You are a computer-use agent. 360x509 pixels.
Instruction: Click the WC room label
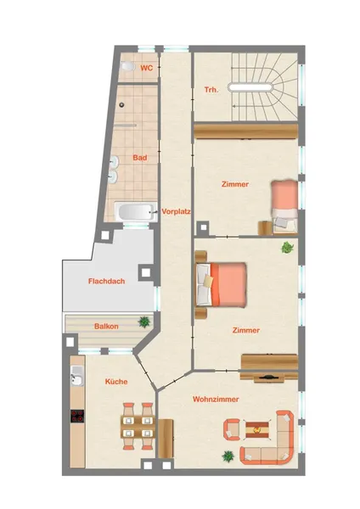click(147, 68)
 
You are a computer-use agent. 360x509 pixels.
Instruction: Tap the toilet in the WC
click(127, 66)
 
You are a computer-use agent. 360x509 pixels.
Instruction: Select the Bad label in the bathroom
click(140, 158)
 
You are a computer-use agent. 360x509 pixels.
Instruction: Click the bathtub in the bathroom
click(135, 212)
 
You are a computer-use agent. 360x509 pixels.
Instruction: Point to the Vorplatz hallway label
click(176, 211)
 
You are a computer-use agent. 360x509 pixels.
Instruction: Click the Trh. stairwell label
click(211, 90)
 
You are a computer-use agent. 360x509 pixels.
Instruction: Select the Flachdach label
click(107, 281)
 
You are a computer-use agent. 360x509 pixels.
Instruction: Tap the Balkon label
click(106, 327)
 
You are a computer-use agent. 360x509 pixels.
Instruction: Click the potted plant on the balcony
click(144, 322)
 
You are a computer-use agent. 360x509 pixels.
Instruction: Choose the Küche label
click(116, 382)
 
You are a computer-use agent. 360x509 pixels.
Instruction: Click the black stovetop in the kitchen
click(77, 416)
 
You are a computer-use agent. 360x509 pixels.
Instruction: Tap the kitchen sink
click(77, 376)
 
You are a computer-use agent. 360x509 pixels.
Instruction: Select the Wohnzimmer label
click(216, 399)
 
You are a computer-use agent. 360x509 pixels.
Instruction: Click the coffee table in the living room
click(257, 430)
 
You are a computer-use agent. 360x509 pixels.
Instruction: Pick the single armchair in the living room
click(232, 429)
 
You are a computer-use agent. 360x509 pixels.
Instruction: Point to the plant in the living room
click(228, 456)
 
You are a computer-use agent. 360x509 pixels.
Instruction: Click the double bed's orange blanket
click(228, 285)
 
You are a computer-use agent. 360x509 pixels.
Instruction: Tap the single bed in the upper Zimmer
click(284, 207)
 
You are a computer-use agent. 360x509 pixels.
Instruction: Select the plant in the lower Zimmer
click(287, 248)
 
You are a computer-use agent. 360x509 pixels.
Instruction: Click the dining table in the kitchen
click(138, 427)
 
